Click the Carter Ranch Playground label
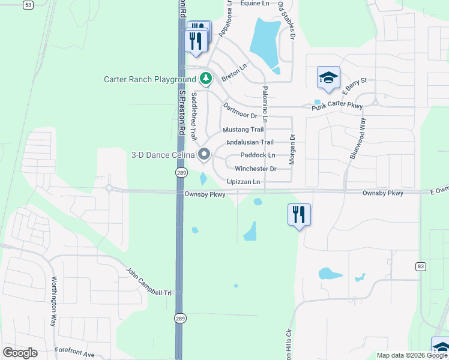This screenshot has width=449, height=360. pyautogui.click(x=149, y=79)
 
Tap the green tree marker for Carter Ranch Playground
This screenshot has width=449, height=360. pyautogui.click(x=206, y=79)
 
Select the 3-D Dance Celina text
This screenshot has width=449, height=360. pyautogui.click(x=163, y=155)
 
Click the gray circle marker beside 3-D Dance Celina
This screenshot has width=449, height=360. pyautogui.click(x=204, y=155)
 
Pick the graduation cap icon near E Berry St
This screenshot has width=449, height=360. pyautogui.click(x=328, y=77)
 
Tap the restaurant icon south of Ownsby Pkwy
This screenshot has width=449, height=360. pyautogui.click(x=298, y=214)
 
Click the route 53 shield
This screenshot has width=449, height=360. pyautogui.click(x=28, y=5)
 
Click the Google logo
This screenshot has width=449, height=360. pyautogui.click(x=20, y=353)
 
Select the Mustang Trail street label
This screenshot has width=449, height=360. pyautogui.click(x=243, y=130)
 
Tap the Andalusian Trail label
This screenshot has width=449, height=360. pyautogui.click(x=250, y=143)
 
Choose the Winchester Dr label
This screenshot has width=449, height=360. pyautogui.click(x=255, y=169)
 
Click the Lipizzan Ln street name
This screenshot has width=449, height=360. pyautogui.click(x=244, y=181)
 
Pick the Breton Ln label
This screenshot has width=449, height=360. pyautogui.click(x=234, y=74)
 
